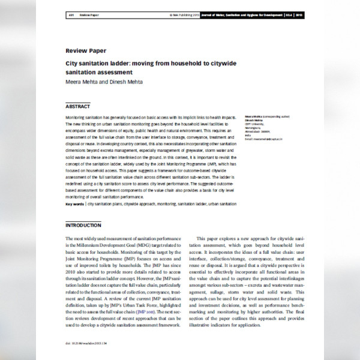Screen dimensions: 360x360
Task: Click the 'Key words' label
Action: (x=74, y=204)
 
